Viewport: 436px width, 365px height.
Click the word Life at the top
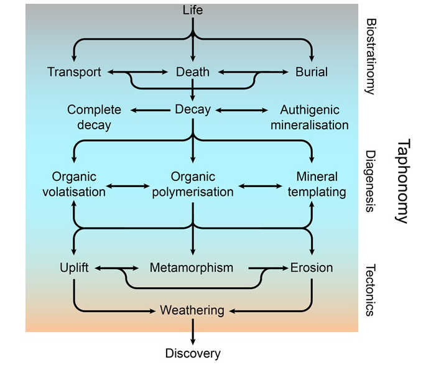(x=193, y=10)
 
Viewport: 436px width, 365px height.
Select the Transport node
(x=74, y=72)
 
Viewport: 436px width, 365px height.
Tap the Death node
(x=192, y=72)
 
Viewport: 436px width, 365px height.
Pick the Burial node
(x=311, y=72)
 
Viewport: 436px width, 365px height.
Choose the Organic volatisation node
(x=74, y=184)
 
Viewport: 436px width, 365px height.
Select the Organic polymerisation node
(x=193, y=184)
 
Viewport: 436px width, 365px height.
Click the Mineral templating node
(x=321, y=184)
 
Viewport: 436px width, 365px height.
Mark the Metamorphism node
(x=192, y=268)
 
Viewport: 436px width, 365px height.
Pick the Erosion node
(x=312, y=268)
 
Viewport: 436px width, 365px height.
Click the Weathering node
(x=192, y=309)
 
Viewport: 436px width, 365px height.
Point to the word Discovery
(x=193, y=354)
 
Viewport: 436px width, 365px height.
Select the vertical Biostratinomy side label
(x=371, y=55)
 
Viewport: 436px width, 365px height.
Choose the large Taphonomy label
(x=403, y=181)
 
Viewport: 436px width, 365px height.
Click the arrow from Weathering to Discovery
(x=193, y=330)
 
